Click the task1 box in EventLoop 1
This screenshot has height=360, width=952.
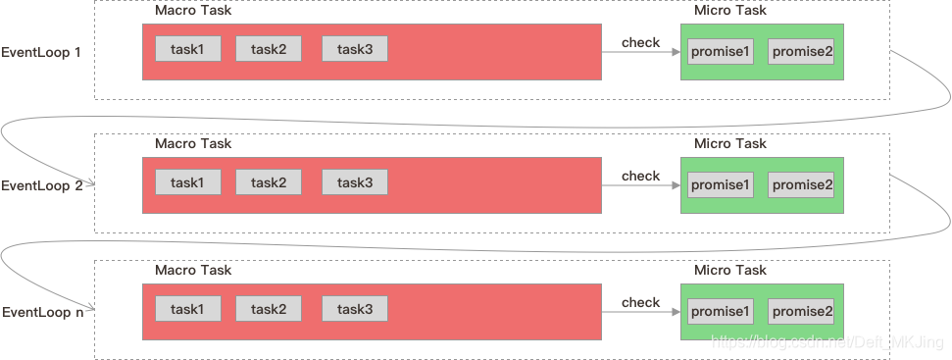[x=187, y=49]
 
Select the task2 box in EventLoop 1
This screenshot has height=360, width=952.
[x=268, y=49]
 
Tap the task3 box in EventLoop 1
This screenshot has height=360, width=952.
[x=354, y=49]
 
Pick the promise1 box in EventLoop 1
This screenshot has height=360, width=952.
[x=721, y=52]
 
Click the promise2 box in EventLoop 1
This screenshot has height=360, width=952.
[x=802, y=52]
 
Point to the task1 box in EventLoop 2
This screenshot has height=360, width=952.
[x=187, y=182]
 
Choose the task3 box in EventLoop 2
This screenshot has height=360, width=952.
[x=354, y=182]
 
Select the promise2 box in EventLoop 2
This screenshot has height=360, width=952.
[x=802, y=184]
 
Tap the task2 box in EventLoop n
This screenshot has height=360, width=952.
[x=268, y=310]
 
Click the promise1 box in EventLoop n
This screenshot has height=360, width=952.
[x=721, y=312]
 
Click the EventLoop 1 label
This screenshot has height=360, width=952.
[x=41, y=52]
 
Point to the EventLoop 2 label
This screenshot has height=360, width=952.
[x=41, y=185]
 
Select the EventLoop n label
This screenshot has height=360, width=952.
[x=41, y=313]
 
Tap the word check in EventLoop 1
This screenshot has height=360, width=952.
[x=640, y=42]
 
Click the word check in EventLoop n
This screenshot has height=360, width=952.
[x=640, y=302]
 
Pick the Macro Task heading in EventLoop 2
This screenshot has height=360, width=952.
[x=193, y=143]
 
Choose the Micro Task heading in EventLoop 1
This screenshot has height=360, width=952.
[x=730, y=10]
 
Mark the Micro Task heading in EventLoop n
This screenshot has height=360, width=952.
[x=730, y=270]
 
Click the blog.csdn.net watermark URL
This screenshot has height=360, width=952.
[x=827, y=341]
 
